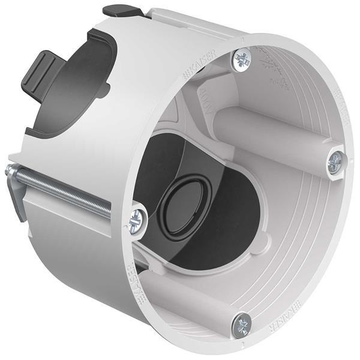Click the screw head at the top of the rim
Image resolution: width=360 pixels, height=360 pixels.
pyautogui.click(x=242, y=59)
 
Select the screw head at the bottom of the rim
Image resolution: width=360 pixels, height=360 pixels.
pyautogui.click(x=242, y=323)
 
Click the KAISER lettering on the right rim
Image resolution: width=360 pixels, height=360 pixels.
pyautogui.click(x=340, y=108)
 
